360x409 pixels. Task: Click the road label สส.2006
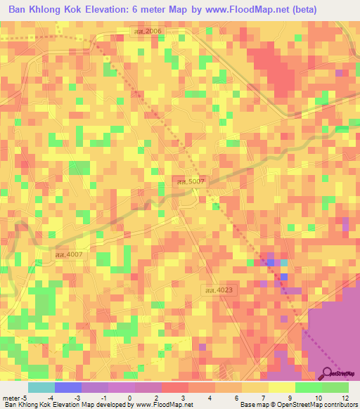click(148, 32)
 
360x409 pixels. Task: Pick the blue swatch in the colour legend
click(67, 387)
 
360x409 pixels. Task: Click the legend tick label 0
click(129, 398)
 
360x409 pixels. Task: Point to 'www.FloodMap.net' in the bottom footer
click(162, 405)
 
